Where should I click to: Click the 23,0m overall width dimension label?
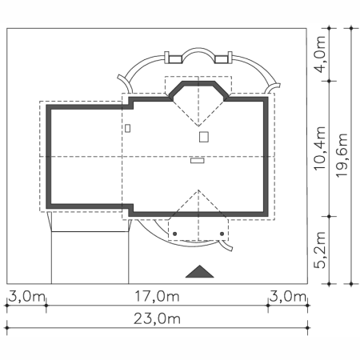157,318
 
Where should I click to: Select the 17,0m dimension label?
157,296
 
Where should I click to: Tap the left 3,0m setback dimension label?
26,296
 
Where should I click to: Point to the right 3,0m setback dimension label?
288,296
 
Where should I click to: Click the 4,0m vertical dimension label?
320,54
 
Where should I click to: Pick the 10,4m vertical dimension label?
320,148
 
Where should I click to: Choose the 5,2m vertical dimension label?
320,250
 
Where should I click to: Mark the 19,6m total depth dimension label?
342,155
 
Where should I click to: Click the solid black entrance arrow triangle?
199,272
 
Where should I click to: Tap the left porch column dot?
174,234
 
